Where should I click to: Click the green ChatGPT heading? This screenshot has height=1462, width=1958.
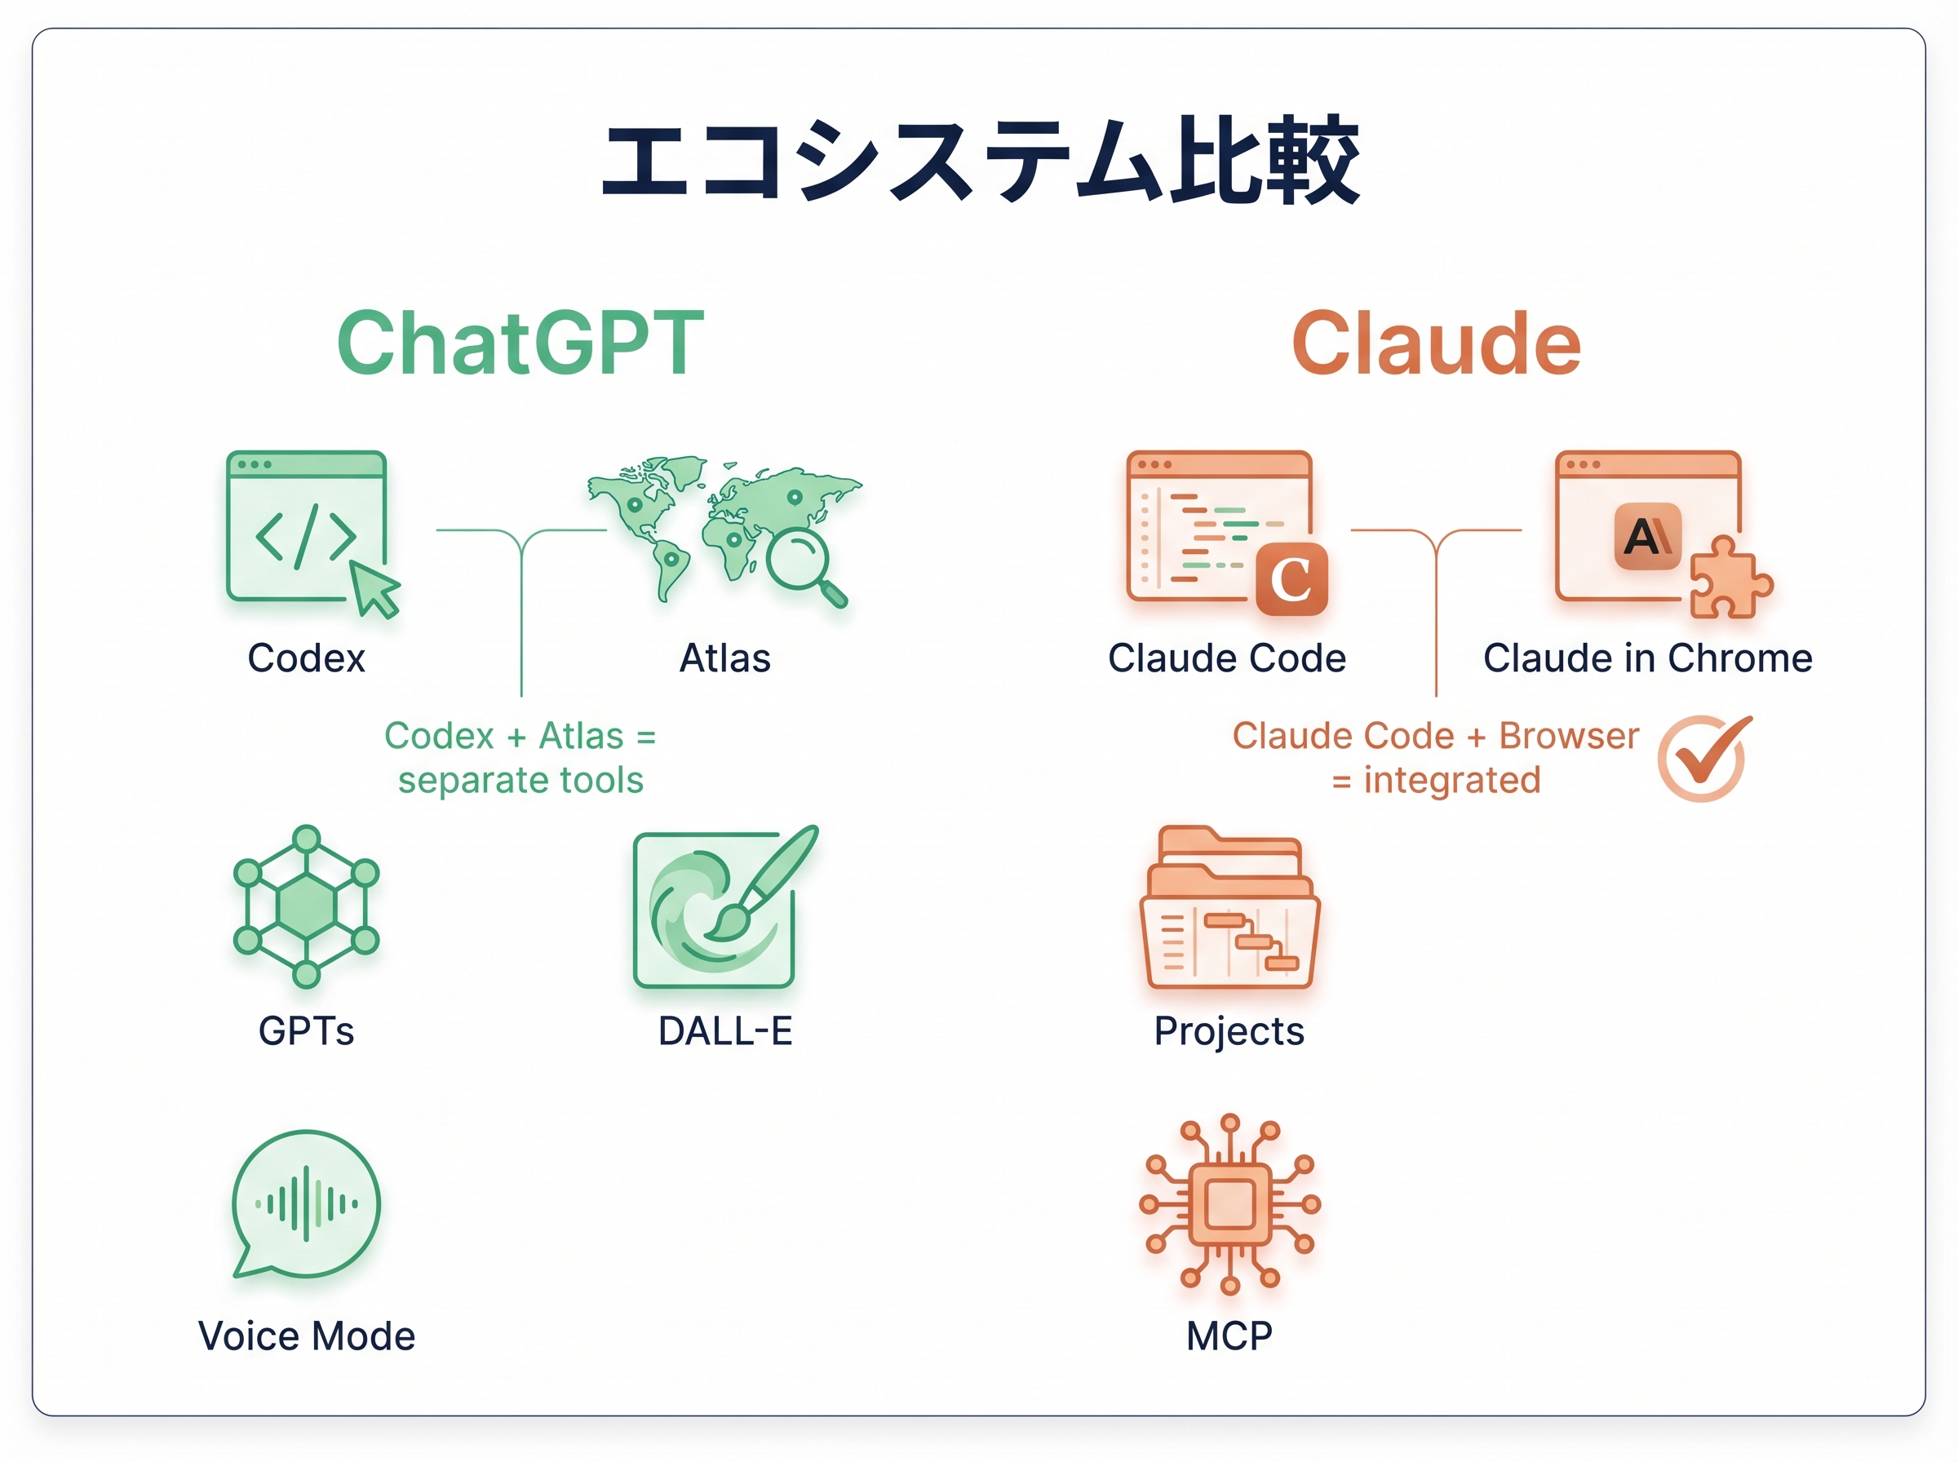(521, 343)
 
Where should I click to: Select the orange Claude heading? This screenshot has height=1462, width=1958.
(1435, 343)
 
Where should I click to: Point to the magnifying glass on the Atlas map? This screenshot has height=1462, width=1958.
(802, 563)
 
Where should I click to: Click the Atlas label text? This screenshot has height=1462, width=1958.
(724, 658)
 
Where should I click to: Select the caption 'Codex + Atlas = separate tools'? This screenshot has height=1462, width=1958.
(521, 758)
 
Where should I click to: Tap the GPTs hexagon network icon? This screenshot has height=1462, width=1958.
(306, 906)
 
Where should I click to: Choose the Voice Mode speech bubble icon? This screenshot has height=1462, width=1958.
(305, 1203)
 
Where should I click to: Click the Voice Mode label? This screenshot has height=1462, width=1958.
(306, 1336)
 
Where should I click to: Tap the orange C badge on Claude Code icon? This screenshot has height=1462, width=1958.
(1291, 580)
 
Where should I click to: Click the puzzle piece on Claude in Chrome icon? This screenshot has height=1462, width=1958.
(1727, 580)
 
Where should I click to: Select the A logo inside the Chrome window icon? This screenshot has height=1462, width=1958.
(1646, 536)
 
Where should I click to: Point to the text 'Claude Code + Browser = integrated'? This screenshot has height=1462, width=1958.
(1435, 758)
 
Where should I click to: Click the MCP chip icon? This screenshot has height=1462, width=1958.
(1229, 1203)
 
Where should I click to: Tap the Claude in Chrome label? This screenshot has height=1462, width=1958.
(1647, 658)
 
